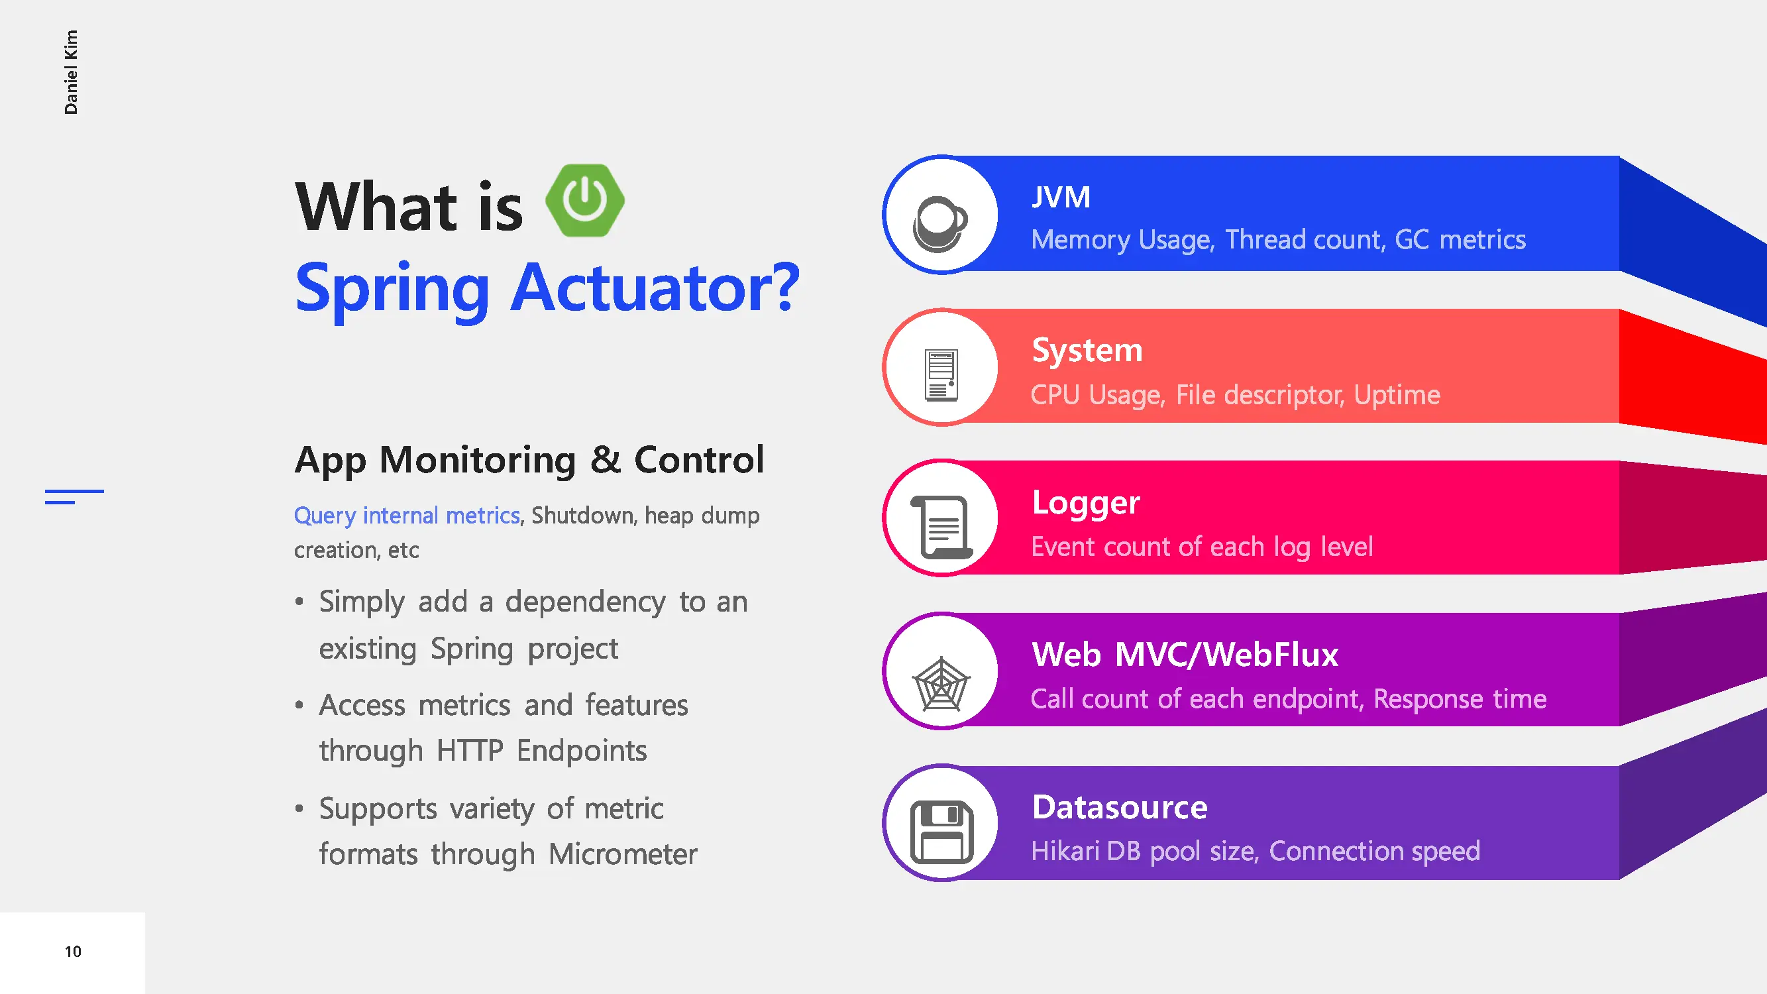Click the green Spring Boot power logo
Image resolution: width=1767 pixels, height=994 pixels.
pyautogui.click(x=585, y=200)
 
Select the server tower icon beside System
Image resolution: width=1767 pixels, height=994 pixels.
pyautogui.click(x=941, y=375)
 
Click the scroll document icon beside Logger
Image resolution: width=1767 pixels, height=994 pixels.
pyautogui.click(x=941, y=527)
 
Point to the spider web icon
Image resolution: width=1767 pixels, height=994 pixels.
pyautogui.click(x=941, y=684)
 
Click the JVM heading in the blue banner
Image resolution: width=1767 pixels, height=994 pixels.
pyautogui.click(x=1061, y=197)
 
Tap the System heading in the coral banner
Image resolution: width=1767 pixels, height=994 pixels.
pyautogui.click(x=1087, y=351)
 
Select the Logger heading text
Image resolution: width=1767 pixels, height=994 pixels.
pyautogui.click(x=1086, y=504)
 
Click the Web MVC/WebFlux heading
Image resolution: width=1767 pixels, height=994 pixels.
pyautogui.click(x=1185, y=655)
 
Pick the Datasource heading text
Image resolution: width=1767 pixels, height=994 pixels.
pyautogui.click(x=1120, y=807)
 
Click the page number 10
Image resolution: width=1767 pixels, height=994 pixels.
pyautogui.click(x=73, y=952)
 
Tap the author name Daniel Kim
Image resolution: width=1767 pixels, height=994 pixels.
pyautogui.click(x=71, y=72)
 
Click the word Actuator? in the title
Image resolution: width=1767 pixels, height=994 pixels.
pyautogui.click(x=656, y=288)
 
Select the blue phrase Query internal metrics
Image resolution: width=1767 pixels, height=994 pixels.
pyautogui.click(x=407, y=516)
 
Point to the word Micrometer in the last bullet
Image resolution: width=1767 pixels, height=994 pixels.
pyautogui.click(x=623, y=855)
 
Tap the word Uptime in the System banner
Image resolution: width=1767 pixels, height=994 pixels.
pyautogui.click(x=1397, y=396)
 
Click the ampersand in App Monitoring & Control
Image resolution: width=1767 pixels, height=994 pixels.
pyautogui.click(x=606, y=460)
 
